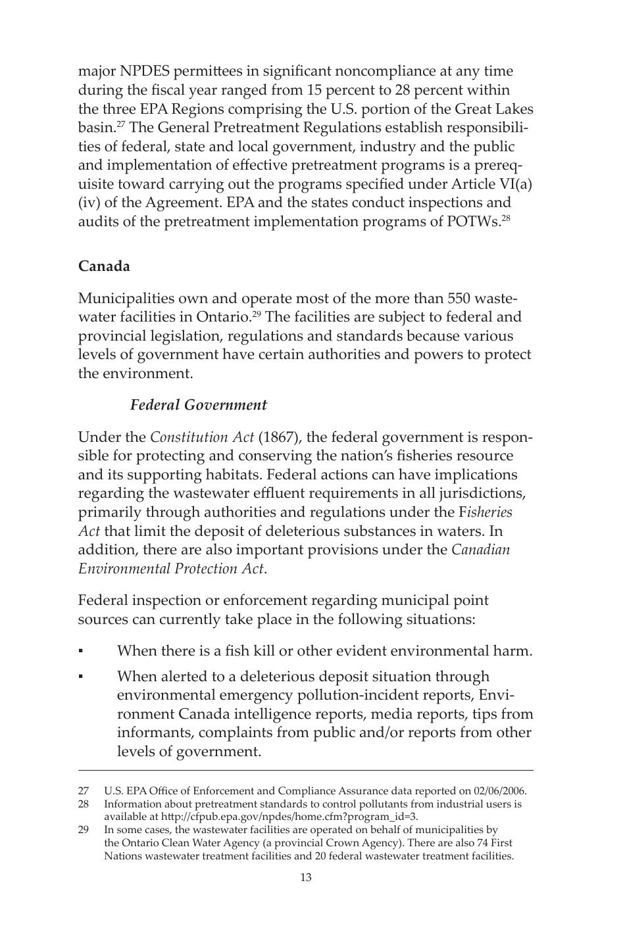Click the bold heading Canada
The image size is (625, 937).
[104, 266]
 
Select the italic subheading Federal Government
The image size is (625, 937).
[198, 405]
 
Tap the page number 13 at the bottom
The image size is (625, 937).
[305, 877]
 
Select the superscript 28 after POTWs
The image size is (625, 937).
[506, 218]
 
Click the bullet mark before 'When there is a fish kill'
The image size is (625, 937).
[80, 652]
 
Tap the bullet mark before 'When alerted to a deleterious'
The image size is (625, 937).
[80, 677]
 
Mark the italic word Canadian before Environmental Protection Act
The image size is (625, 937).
[480, 550]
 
